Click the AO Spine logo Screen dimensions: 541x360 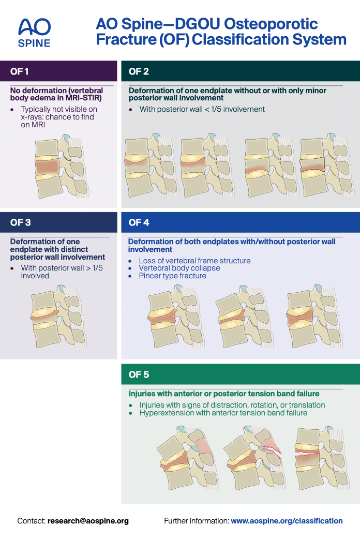[34, 32]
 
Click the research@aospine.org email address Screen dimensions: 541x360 [88, 521]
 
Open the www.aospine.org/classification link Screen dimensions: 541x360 [287, 521]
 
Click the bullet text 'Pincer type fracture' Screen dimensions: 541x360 [172, 276]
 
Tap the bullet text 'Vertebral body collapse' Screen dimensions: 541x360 [179, 268]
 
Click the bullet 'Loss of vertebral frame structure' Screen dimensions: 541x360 [194, 261]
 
